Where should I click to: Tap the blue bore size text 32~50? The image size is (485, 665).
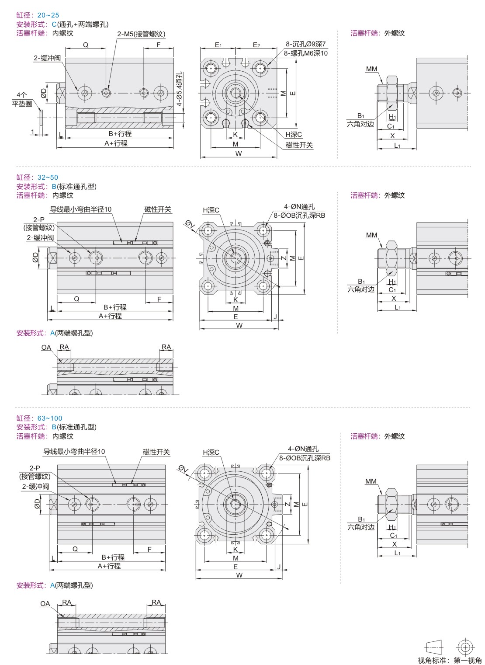tap(48, 177)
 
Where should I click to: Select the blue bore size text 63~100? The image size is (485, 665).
tap(50, 418)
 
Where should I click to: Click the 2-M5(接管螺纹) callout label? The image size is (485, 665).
tap(141, 34)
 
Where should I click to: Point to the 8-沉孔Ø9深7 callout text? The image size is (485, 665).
tap(306, 44)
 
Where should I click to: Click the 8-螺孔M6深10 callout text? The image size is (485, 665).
tap(305, 53)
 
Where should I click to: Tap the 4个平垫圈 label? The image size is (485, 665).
tap(21, 99)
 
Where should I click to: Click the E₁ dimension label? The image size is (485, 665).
tap(218, 45)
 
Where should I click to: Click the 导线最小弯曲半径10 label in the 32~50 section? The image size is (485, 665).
tap(81, 209)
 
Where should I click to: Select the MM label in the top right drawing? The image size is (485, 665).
tap(372, 69)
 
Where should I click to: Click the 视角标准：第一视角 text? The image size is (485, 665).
tap(450, 660)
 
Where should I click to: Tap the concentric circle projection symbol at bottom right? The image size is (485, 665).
tap(465, 647)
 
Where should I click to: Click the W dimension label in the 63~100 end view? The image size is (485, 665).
tap(239, 575)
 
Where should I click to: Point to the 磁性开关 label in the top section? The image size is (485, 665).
tap(299, 145)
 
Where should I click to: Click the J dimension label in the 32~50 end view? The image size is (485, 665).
tap(275, 317)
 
